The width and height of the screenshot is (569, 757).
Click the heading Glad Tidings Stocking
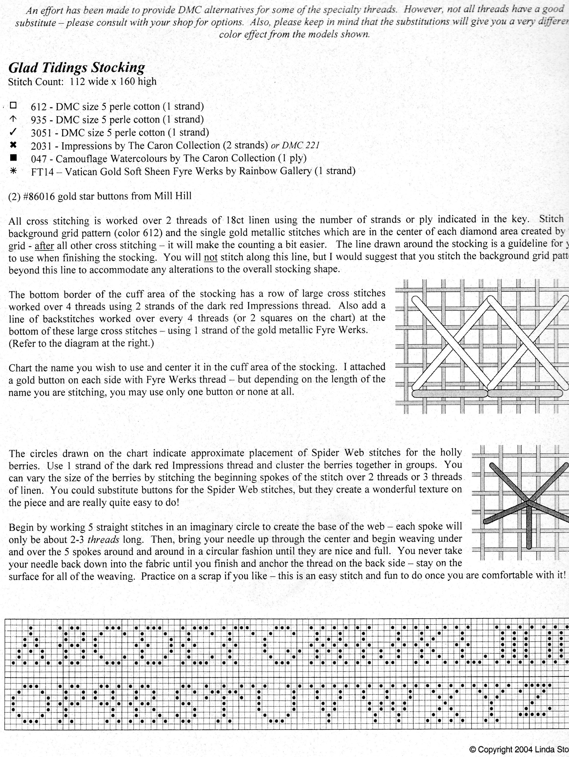click(x=77, y=68)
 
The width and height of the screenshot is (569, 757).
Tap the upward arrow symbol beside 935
click(x=13, y=119)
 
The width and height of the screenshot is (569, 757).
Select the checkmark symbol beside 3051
click(x=13, y=132)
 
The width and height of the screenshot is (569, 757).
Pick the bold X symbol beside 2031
click(x=13, y=145)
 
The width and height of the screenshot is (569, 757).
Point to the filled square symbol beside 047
click(x=13, y=158)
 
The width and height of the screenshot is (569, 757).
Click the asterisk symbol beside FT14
click(x=13, y=171)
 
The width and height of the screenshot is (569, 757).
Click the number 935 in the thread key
click(x=38, y=120)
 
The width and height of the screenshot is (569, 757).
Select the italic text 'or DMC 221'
click(x=295, y=145)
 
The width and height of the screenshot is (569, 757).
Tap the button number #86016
click(x=39, y=196)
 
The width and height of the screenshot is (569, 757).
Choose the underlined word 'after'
click(x=44, y=246)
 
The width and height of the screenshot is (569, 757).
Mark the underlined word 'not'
click(x=210, y=257)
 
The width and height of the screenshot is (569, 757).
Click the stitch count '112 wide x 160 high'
click(x=113, y=82)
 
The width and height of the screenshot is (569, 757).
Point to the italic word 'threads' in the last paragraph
click(x=103, y=540)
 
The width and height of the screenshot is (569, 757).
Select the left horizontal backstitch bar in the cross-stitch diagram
click(x=450, y=394)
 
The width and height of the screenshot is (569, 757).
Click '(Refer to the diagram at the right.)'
click(x=81, y=343)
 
